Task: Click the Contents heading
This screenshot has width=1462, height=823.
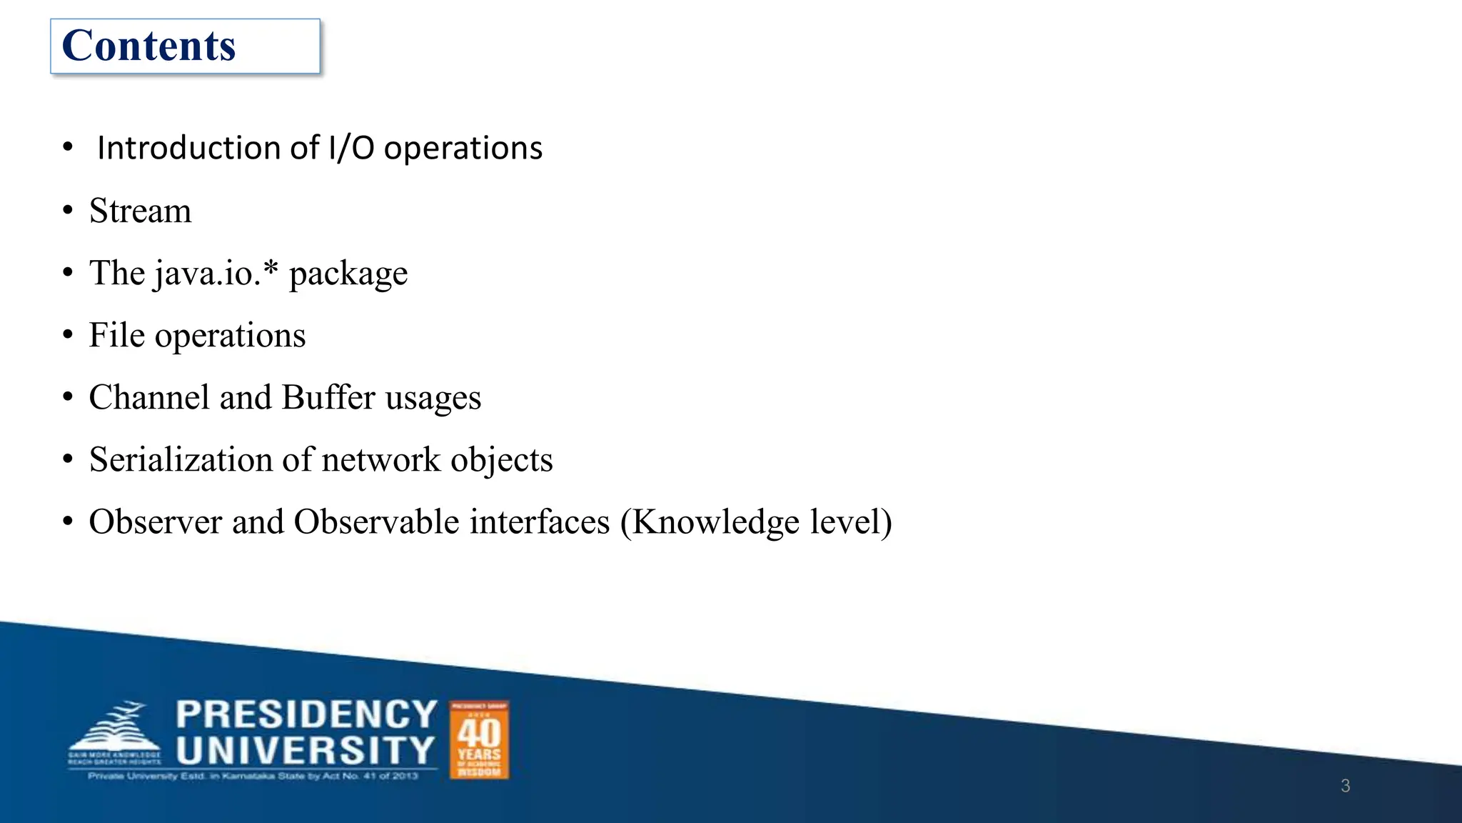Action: [148, 46]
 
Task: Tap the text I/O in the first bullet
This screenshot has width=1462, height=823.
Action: [351, 148]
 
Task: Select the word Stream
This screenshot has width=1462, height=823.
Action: [141, 211]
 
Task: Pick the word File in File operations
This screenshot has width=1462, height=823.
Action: [116, 335]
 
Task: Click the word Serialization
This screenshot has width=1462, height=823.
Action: [181, 459]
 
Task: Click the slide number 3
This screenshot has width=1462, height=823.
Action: [1345, 786]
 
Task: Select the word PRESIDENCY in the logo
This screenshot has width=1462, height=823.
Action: [306, 714]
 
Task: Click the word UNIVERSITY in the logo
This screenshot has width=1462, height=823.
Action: [306, 751]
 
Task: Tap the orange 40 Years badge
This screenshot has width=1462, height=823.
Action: [479, 739]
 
